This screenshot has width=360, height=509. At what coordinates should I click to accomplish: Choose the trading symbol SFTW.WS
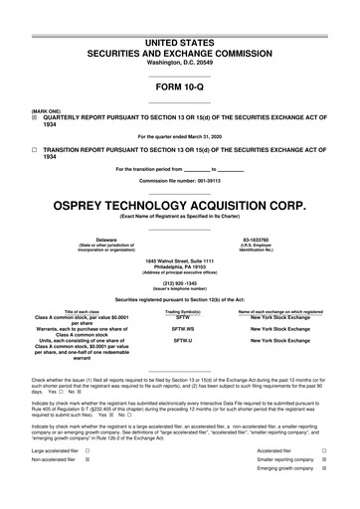[x=183, y=326]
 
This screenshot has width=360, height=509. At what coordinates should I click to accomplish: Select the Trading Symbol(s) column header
[x=183, y=311]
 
